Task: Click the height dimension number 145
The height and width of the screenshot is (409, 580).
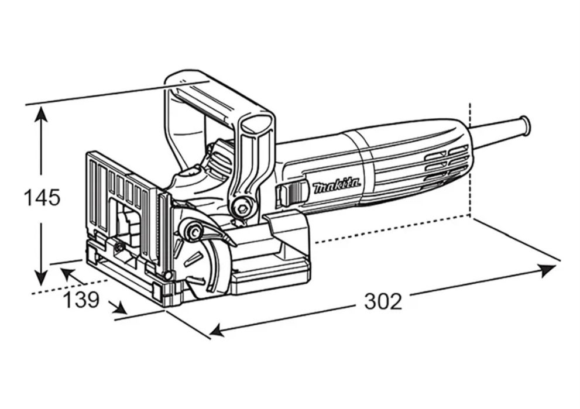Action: [x=42, y=197]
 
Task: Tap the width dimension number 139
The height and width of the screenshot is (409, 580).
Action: [x=81, y=300]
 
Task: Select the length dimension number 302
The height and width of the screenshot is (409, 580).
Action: [x=383, y=301]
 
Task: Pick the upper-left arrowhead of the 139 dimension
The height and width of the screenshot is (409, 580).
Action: [x=67, y=273]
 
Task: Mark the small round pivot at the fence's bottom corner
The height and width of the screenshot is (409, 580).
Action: [x=168, y=275]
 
